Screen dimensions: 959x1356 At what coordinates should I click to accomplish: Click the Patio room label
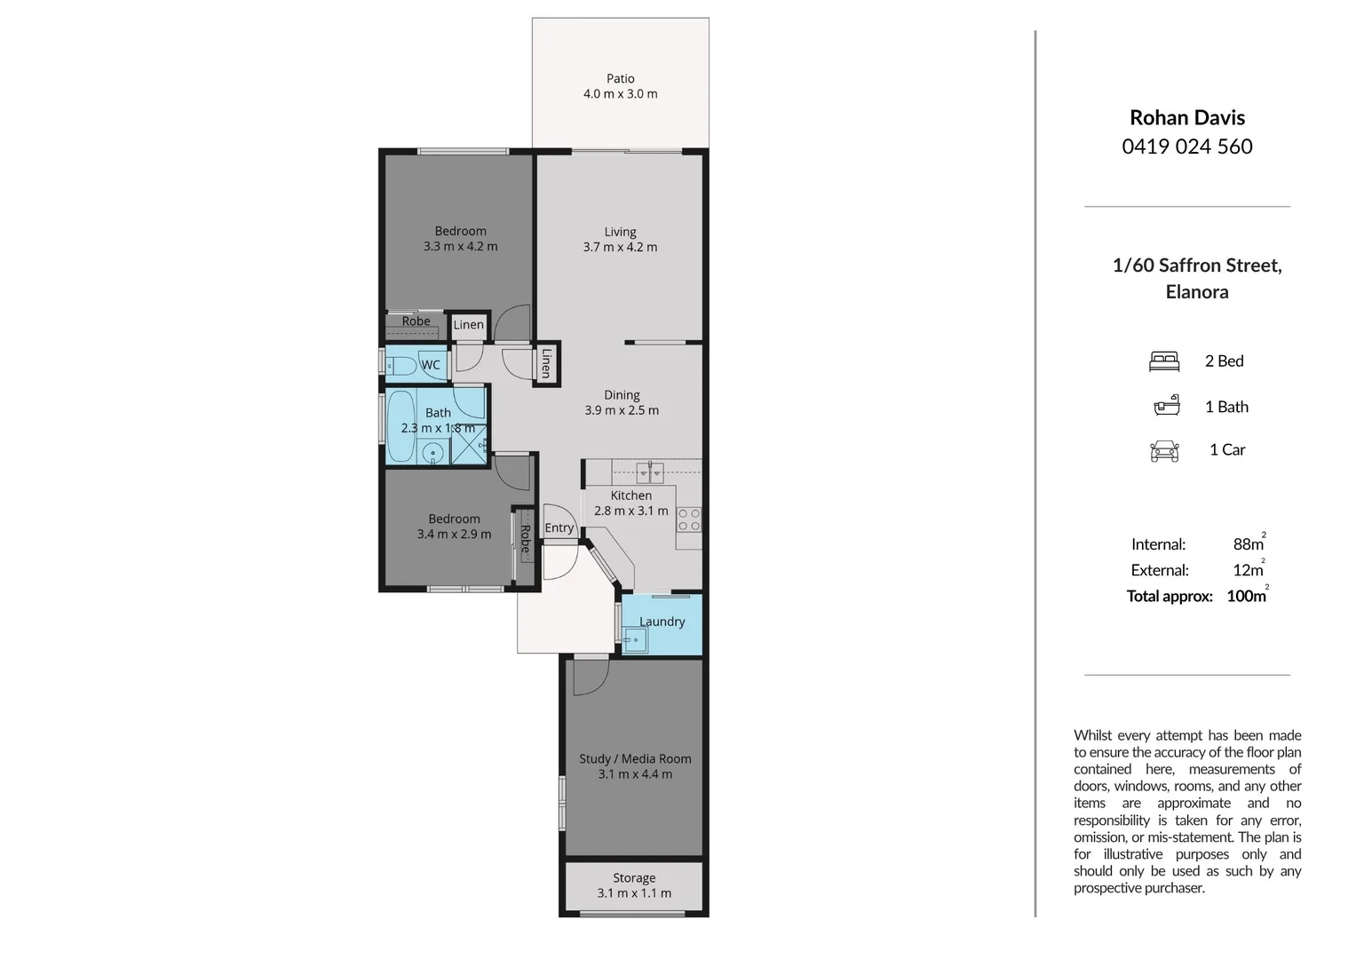tap(620, 78)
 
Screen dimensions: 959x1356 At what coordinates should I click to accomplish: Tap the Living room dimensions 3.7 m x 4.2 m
tap(620, 248)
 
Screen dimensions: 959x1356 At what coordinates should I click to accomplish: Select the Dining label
tap(622, 395)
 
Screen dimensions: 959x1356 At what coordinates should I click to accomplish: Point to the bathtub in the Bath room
tap(400, 426)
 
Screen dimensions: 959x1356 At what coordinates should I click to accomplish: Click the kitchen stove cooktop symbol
tap(689, 519)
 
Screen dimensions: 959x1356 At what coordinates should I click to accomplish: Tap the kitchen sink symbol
tap(649, 471)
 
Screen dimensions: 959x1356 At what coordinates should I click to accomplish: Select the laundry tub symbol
tap(634, 639)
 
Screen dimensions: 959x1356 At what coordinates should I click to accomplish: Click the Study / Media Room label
tap(635, 758)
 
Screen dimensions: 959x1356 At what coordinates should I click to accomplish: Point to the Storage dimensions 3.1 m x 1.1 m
tap(634, 893)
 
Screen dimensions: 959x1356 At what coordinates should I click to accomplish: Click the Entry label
tap(559, 527)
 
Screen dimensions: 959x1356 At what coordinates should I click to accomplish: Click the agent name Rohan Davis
tap(1187, 117)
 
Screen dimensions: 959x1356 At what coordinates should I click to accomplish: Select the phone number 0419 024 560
tap(1187, 147)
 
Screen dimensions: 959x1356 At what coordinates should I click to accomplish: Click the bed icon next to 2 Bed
tap(1164, 361)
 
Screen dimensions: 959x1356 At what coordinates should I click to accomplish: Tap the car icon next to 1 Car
tap(1164, 451)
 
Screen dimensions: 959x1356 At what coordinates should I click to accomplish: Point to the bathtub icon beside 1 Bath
tap(1166, 406)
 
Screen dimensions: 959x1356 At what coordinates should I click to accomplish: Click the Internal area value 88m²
tap(1249, 544)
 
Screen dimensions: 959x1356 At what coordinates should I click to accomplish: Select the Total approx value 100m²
tap(1247, 596)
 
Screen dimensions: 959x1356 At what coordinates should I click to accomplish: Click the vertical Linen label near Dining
tap(547, 362)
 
